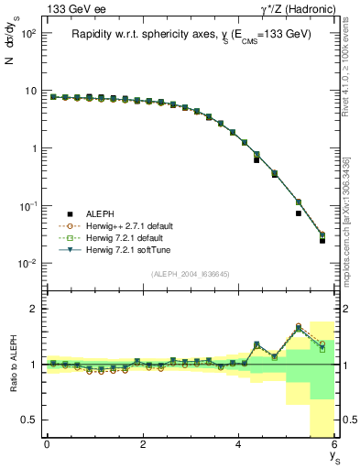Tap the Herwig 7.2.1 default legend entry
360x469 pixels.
coord(123,237)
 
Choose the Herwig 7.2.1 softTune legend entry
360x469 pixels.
coord(125,249)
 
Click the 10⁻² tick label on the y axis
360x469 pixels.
coord(27,264)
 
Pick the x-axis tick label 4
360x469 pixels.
coord(238,444)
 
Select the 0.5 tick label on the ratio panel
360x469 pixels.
coord(27,420)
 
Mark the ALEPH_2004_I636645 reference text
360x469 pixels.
coord(190,274)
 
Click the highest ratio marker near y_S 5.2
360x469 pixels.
coord(299,325)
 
